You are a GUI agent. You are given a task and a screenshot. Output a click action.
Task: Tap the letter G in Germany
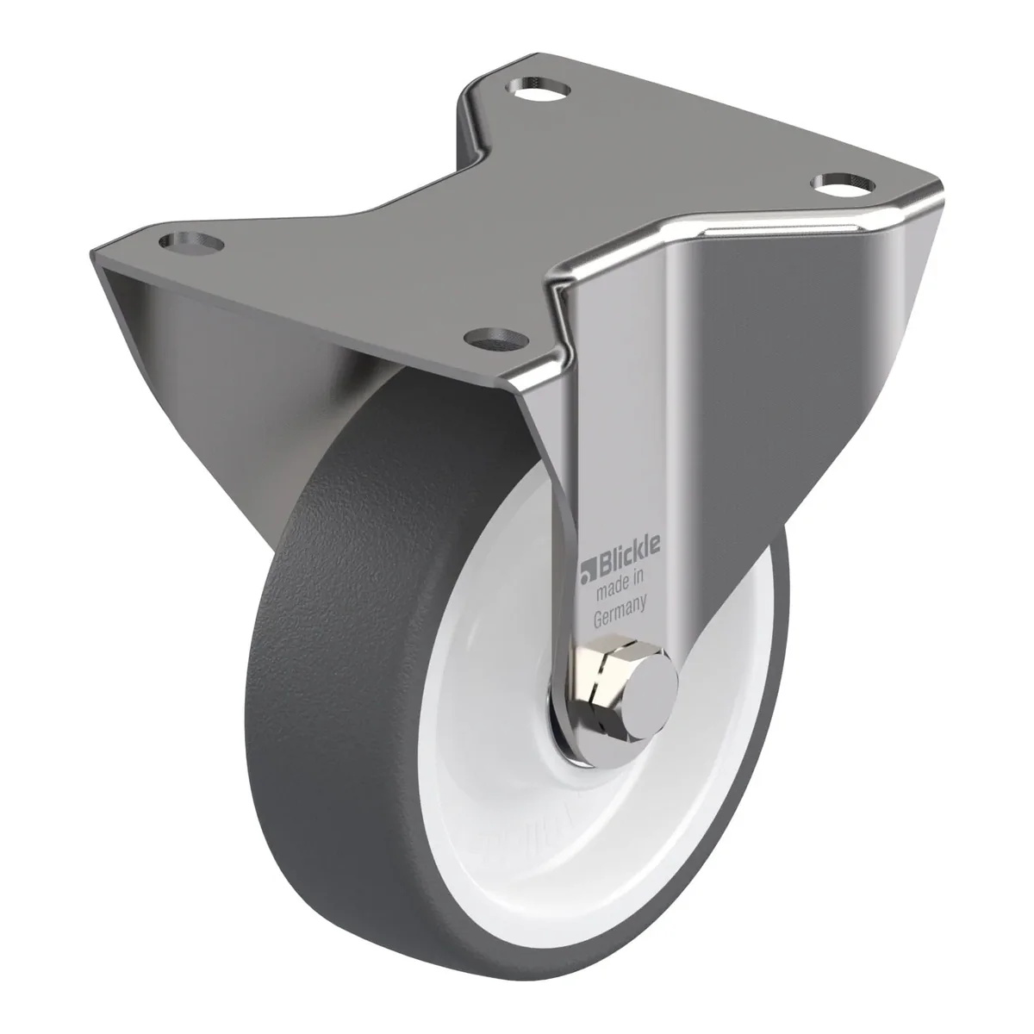click(x=598, y=620)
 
